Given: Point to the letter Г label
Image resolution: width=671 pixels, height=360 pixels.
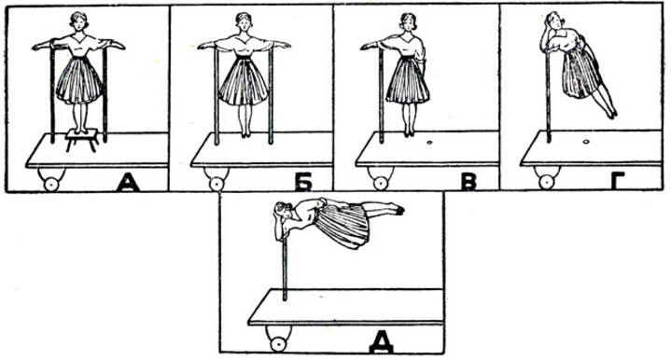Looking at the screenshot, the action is [x=620, y=182].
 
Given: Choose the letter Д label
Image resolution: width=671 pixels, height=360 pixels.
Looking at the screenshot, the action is [x=381, y=344].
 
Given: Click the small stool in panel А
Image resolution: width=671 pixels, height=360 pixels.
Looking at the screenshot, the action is [x=82, y=140].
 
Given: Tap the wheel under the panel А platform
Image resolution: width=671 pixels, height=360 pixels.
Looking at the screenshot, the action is [x=51, y=184].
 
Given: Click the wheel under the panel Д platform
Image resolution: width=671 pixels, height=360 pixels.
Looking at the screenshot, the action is [x=279, y=343].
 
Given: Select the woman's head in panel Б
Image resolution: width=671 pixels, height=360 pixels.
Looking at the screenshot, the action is [x=243, y=21].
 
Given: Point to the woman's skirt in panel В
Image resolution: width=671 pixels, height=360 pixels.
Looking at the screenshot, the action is [x=407, y=80].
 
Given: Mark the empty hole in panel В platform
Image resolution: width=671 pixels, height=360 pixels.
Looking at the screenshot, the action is [x=429, y=142].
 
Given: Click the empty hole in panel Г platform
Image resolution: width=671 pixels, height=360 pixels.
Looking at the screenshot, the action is [x=586, y=141].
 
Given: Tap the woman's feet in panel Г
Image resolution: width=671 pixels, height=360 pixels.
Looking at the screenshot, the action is [x=612, y=114].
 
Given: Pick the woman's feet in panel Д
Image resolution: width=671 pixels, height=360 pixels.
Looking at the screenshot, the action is [x=398, y=209].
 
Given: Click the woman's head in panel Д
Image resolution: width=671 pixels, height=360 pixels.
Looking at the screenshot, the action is [x=283, y=213].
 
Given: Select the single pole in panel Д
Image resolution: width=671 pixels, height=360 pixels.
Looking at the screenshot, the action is [x=285, y=268].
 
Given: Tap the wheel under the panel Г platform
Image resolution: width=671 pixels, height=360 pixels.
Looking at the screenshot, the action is [x=546, y=182].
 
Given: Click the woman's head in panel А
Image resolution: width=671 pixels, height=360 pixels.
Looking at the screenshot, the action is [x=77, y=21].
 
